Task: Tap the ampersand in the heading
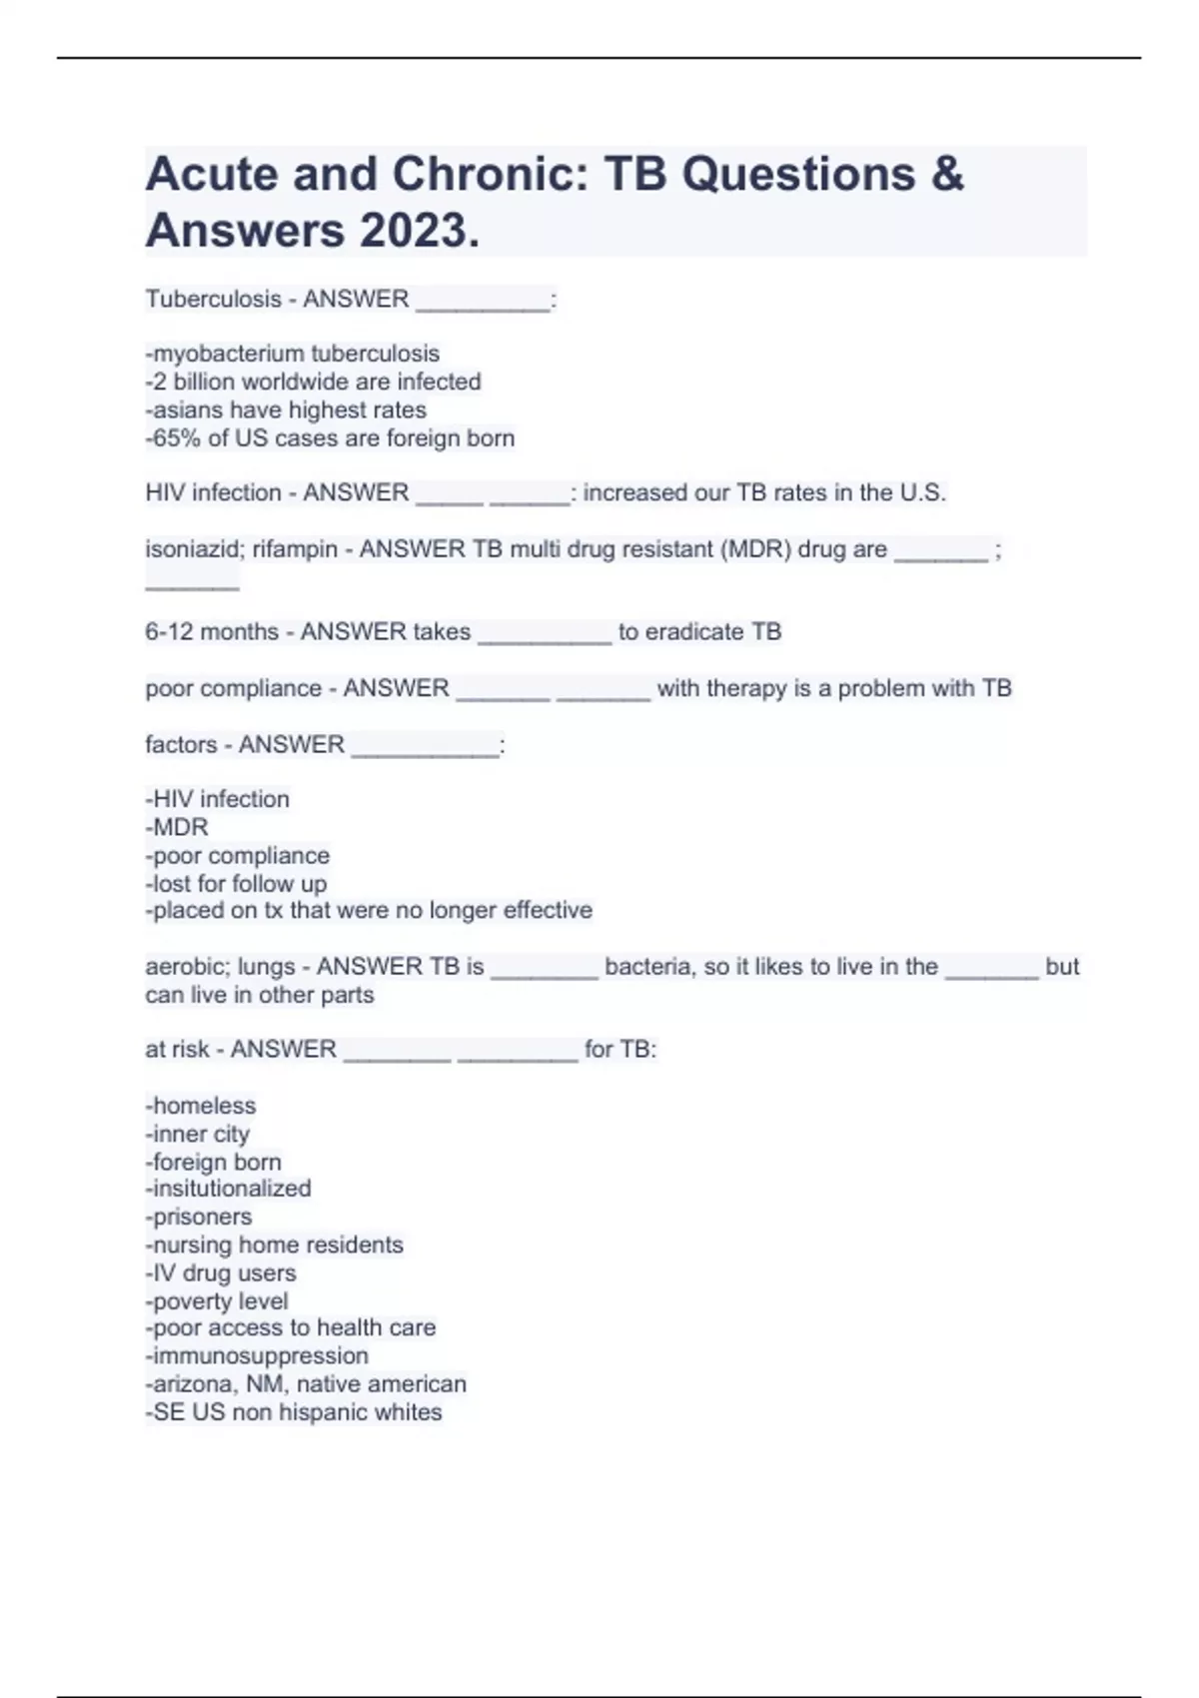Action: [x=946, y=174]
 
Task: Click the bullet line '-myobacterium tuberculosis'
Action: [x=293, y=354]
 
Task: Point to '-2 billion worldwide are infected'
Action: [x=314, y=382]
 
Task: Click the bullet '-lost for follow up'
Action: [x=236, y=884]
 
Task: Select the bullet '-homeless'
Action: [x=201, y=1106]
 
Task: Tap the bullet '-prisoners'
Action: [x=199, y=1217]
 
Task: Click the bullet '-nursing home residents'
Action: [x=275, y=1245]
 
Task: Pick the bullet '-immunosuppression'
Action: [x=257, y=1355]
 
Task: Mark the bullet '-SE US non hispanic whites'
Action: [x=294, y=1412]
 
